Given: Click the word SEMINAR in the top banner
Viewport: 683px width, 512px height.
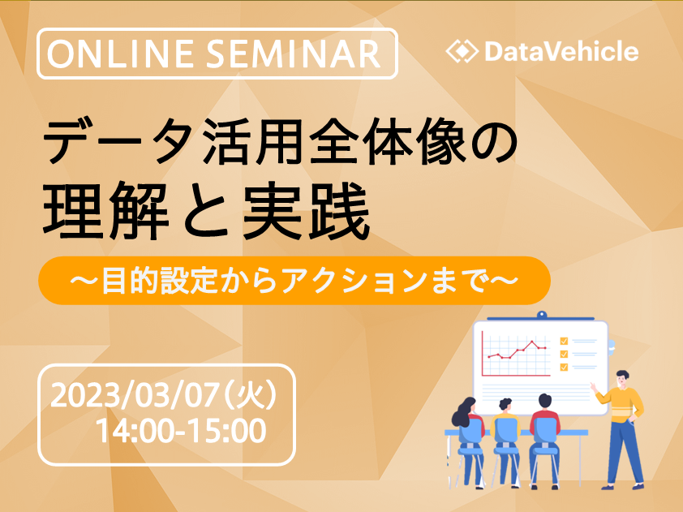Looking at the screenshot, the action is [x=294, y=54].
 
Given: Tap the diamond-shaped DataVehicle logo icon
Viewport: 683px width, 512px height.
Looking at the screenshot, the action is [x=462, y=51].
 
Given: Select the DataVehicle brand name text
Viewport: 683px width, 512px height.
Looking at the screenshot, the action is [x=561, y=51].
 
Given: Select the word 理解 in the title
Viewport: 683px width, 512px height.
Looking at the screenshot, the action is [x=105, y=210].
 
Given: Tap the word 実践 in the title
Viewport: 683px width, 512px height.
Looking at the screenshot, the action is [x=307, y=210].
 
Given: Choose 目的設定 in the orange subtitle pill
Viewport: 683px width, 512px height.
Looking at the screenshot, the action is [x=160, y=281].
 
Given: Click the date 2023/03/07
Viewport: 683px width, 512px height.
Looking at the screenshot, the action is [x=134, y=396].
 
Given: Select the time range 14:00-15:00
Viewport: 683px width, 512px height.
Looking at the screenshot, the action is [x=181, y=431].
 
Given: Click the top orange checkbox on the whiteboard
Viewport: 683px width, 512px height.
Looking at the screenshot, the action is [x=564, y=341].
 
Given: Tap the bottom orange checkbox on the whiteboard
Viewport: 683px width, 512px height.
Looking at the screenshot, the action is [x=564, y=367].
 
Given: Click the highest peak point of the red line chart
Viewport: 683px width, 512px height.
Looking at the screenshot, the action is [x=531, y=342].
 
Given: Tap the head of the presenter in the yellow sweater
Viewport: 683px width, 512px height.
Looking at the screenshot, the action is [x=623, y=378].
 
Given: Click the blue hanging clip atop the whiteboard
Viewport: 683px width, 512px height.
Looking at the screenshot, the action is [x=541, y=315].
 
